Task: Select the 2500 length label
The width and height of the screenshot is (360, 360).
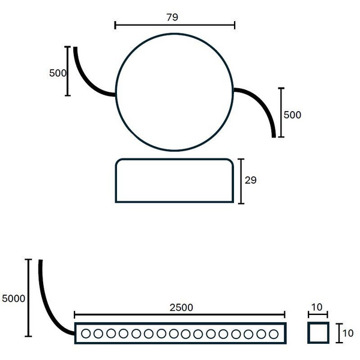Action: [x=181, y=307]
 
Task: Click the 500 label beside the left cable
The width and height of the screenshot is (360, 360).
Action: [x=57, y=73]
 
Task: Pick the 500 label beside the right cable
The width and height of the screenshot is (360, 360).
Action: [x=292, y=115]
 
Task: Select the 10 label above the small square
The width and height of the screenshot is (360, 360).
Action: [x=318, y=307]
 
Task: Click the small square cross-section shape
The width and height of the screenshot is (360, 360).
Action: [x=318, y=332]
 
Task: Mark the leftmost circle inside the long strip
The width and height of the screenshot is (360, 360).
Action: [x=86, y=333]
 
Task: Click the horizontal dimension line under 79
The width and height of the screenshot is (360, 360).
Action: [x=175, y=25]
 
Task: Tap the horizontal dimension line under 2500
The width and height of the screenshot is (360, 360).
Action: [x=180, y=314]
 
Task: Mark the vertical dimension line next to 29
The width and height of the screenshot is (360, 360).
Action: [x=241, y=181]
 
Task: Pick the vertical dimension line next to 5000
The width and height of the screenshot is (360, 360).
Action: [x=28, y=298]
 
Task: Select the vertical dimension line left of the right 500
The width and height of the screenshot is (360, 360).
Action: [x=280, y=112]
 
